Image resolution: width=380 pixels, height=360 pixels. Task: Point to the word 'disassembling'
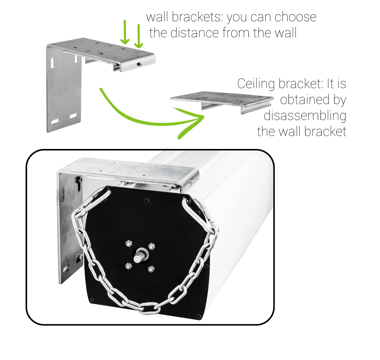[305, 115]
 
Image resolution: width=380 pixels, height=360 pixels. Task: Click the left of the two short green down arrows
[125, 32]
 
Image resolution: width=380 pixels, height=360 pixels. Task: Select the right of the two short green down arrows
[139, 36]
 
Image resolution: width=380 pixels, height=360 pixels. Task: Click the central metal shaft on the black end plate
[140, 255]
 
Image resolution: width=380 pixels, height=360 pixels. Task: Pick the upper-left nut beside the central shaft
[129, 243]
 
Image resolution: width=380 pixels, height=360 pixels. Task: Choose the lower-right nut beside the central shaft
[151, 269]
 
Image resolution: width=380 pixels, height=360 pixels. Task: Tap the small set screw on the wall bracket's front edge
[139, 65]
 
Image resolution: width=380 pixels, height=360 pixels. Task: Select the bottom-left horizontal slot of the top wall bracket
[55, 121]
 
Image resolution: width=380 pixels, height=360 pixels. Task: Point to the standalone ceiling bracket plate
[222, 102]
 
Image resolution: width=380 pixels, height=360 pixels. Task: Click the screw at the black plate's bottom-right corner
[199, 316]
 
